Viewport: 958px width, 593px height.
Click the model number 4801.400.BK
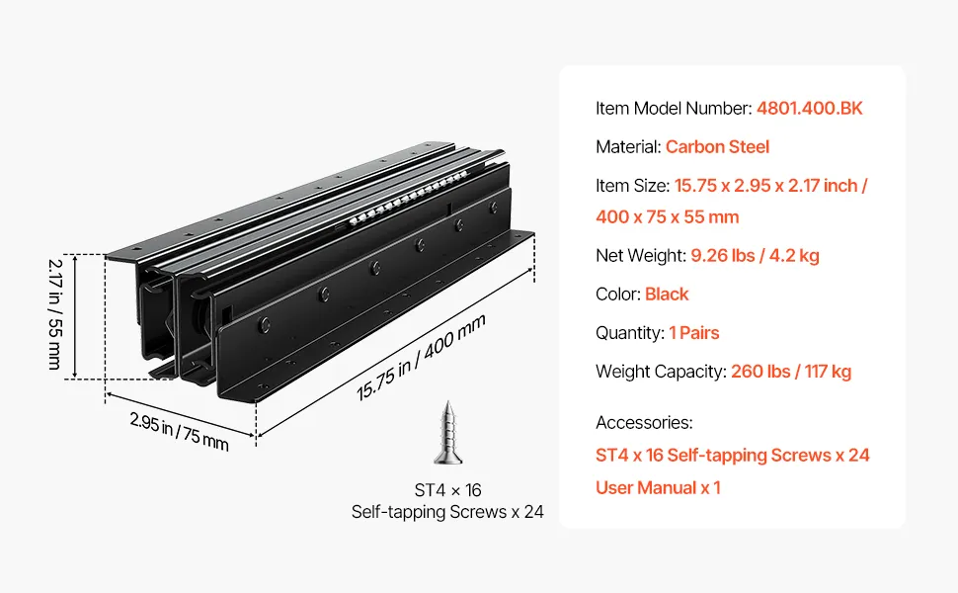click(x=809, y=108)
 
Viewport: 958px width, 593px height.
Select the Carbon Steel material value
click(x=717, y=146)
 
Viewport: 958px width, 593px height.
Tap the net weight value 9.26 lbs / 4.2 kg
click(x=755, y=255)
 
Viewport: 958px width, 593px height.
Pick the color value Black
click(x=667, y=294)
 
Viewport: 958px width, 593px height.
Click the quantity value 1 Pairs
click(x=695, y=333)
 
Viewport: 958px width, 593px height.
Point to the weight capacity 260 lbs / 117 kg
click(x=791, y=372)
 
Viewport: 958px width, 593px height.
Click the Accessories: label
click(x=644, y=422)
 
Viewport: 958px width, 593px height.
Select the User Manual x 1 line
click(x=658, y=487)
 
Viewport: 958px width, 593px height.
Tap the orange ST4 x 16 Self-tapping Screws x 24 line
click(x=732, y=455)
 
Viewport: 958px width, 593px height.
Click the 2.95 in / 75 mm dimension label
click(x=179, y=431)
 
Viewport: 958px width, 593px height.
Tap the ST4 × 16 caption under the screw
click(x=447, y=490)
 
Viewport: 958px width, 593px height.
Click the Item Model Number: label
click(x=674, y=108)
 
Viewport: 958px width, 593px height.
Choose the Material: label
click(x=628, y=146)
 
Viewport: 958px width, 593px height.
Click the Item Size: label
click(x=633, y=185)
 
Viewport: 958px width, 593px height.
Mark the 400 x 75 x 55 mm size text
click(x=668, y=216)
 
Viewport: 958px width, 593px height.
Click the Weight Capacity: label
click(x=661, y=372)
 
